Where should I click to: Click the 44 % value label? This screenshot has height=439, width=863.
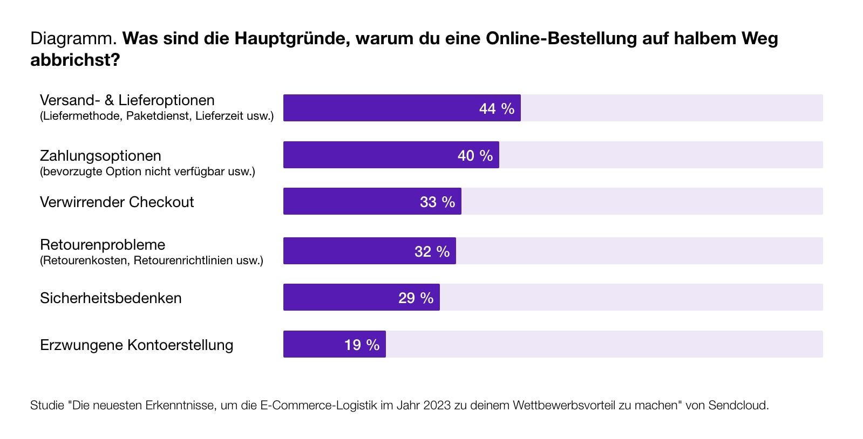tap(497, 109)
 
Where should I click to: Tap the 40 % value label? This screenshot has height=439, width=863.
tap(475, 156)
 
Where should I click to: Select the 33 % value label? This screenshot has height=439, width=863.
tap(437, 202)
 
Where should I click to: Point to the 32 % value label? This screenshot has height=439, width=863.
tap(432, 252)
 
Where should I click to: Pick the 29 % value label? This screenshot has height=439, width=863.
tap(416, 298)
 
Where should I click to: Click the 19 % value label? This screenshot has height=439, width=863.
tap(362, 345)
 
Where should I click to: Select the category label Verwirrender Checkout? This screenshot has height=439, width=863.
tap(117, 202)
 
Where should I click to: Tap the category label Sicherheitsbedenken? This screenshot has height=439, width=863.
tap(111, 298)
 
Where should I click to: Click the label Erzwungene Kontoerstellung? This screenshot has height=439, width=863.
tap(137, 345)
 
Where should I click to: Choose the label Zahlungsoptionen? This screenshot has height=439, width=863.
tap(100, 156)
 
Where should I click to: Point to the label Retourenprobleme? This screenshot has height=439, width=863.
tap(103, 245)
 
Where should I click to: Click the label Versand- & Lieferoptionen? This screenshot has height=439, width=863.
tap(127, 100)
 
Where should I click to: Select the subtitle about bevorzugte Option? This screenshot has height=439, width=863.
tap(147, 172)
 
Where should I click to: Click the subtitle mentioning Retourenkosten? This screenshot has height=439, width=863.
tap(152, 260)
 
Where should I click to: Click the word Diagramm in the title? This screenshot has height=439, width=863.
tap(73, 39)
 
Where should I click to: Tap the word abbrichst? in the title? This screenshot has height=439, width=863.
tap(74, 60)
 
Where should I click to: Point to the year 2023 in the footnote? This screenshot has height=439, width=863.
tap(437, 406)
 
